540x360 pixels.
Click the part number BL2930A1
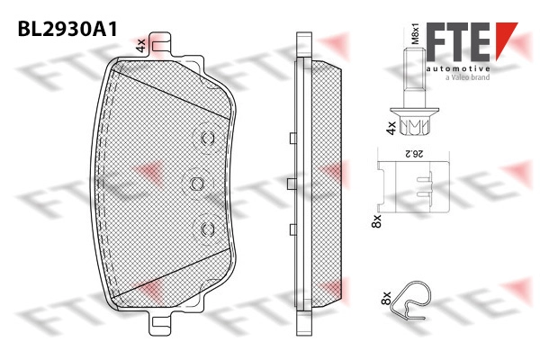click(67, 29)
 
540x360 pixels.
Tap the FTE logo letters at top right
click(458, 41)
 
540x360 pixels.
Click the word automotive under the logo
click(458, 68)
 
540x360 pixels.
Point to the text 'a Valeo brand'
click(467, 77)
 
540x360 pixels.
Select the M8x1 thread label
click(416, 34)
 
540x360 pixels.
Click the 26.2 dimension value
click(414, 154)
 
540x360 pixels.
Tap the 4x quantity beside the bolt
click(391, 128)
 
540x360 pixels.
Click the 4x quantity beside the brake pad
click(141, 46)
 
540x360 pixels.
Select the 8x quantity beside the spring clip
click(386, 298)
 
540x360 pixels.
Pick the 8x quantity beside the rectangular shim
click(377, 220)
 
